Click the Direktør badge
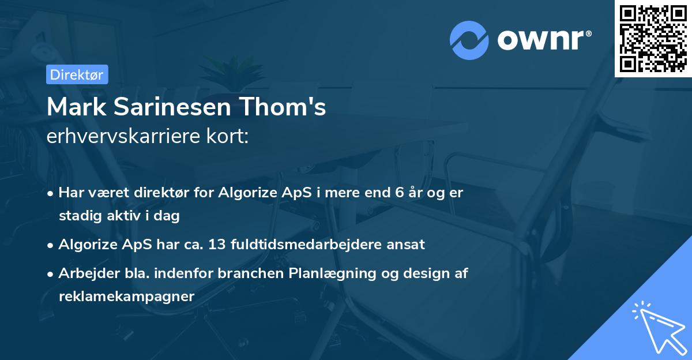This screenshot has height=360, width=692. (77, 74)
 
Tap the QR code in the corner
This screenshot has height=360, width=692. (653, 38)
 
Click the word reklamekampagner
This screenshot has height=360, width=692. (126, 296)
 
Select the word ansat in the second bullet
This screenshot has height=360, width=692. (408, 244)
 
